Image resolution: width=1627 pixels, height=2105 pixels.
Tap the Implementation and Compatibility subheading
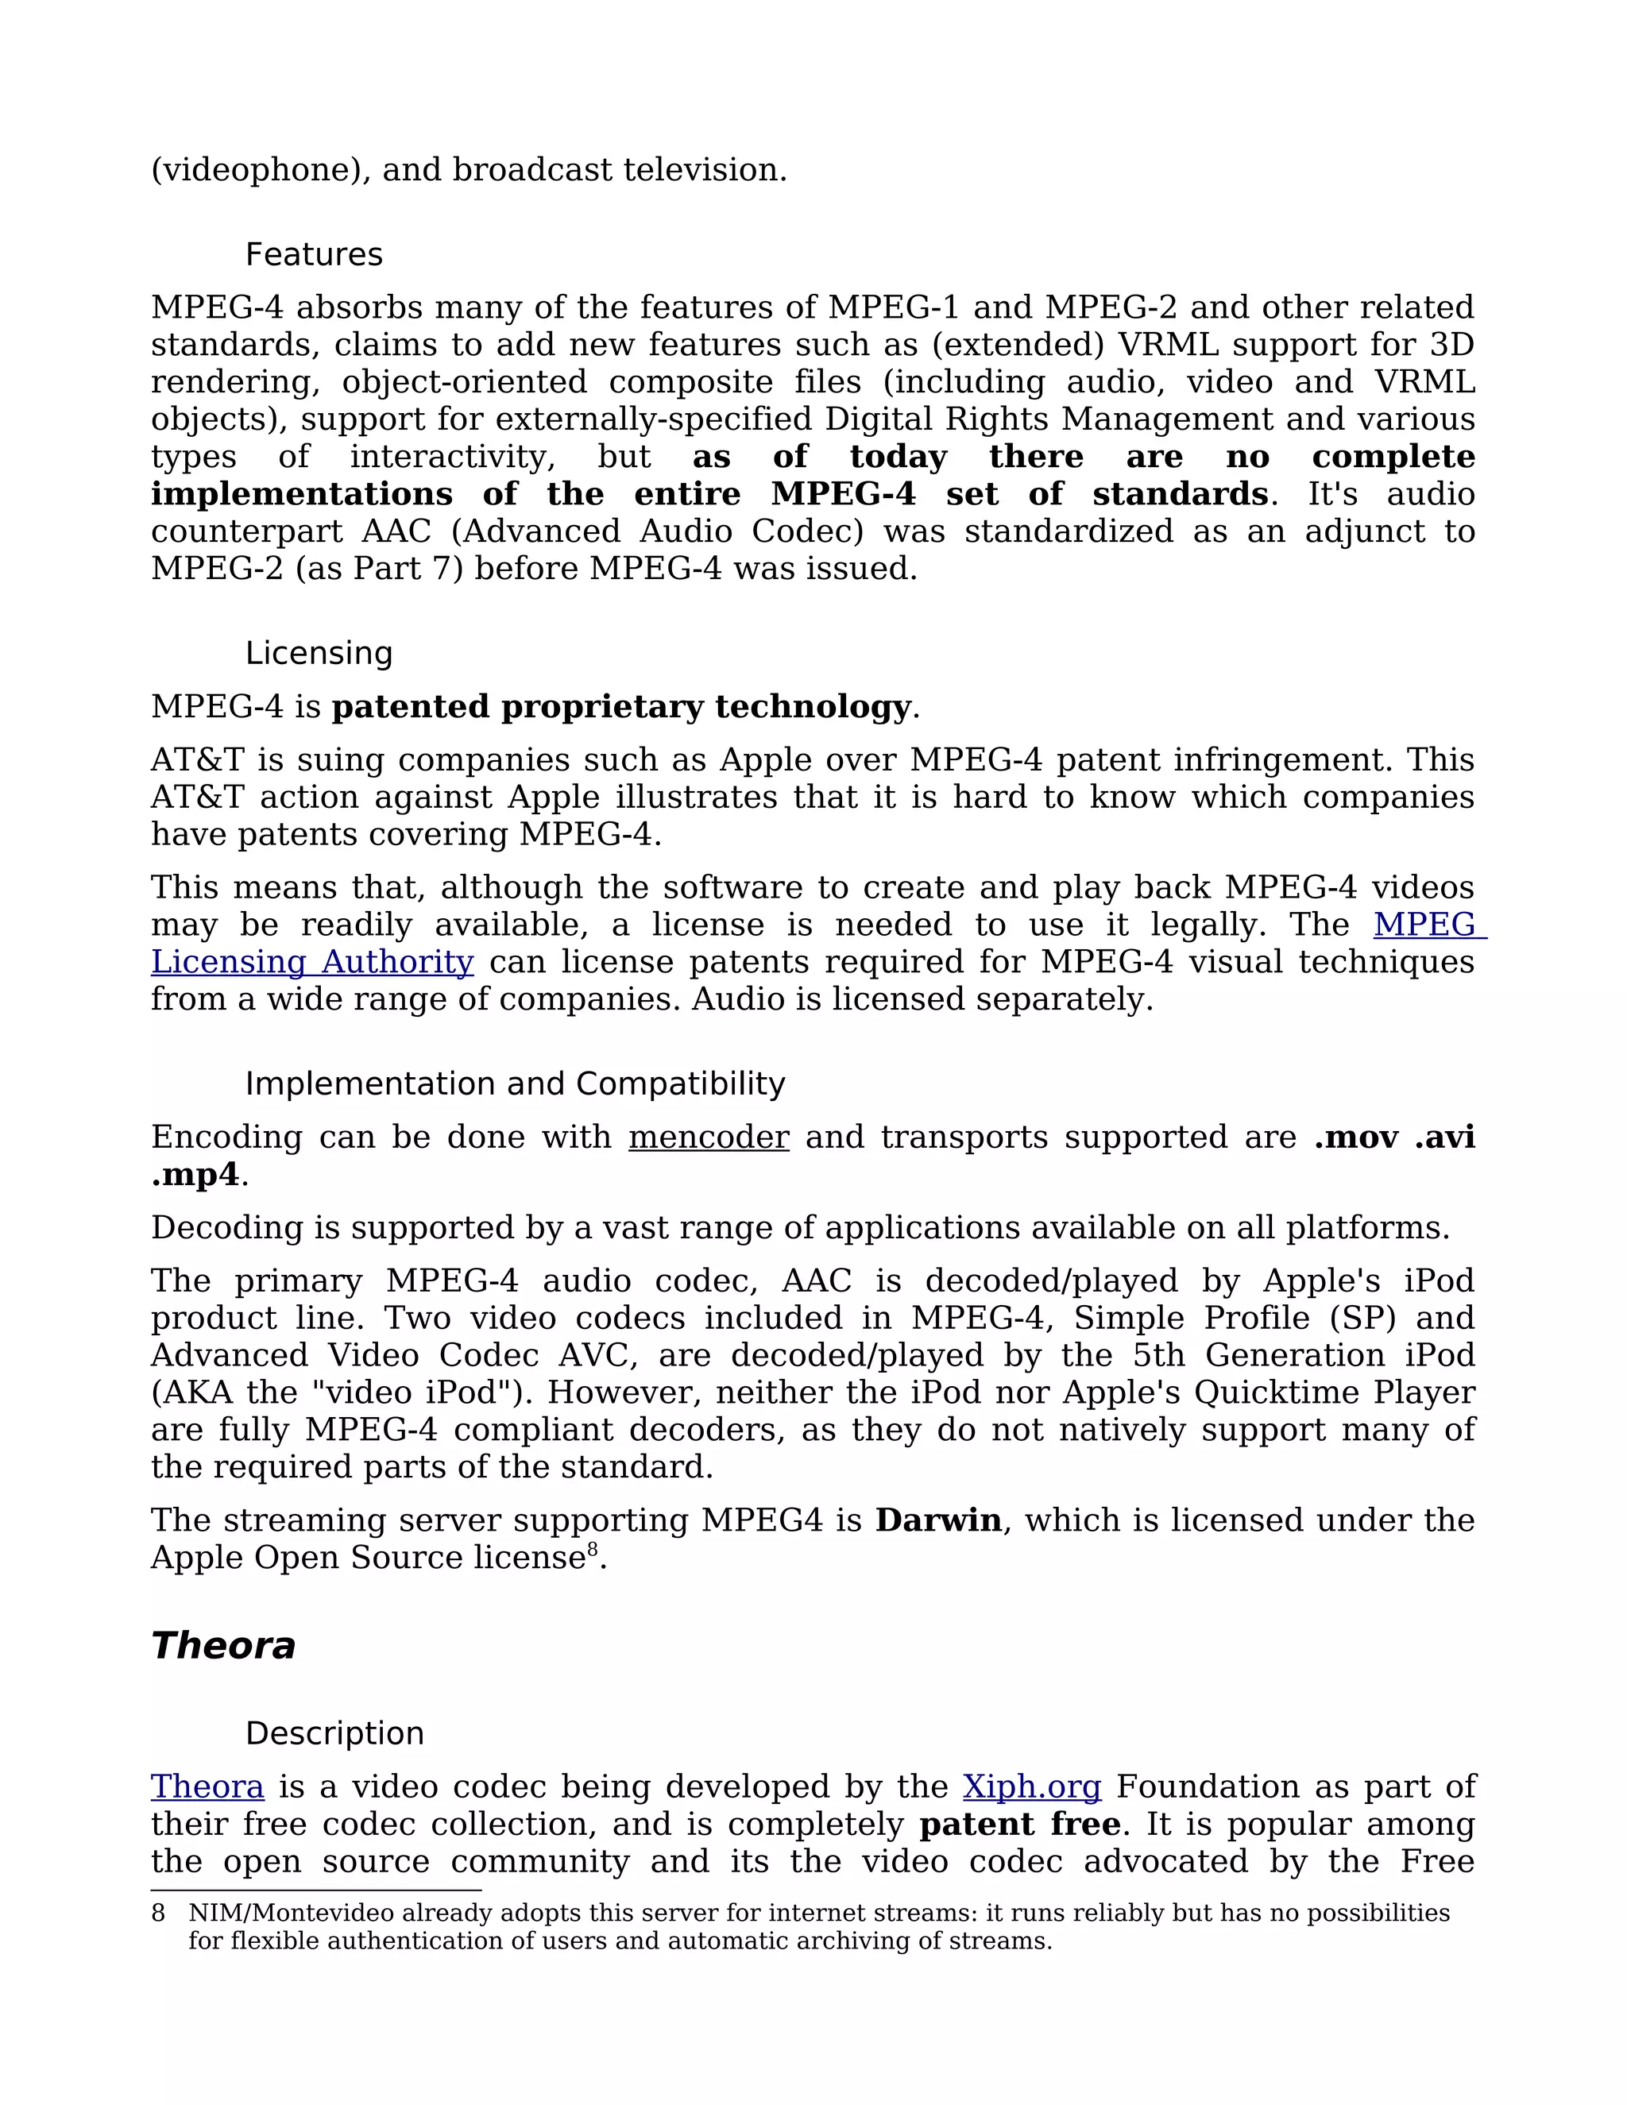[515, 1083]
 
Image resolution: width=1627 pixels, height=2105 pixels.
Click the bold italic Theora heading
[222, 1645]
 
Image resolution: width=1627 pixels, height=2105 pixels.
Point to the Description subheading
[334, 1733]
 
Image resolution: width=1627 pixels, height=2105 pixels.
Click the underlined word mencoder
[709, 1137]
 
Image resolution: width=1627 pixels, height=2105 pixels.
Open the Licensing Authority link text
[312, 962]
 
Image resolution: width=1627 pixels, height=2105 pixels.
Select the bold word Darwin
[938, 1520]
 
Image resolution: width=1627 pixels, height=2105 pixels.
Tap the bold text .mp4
[195, 1175]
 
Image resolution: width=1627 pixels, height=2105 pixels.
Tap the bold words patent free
[1020, 1824]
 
